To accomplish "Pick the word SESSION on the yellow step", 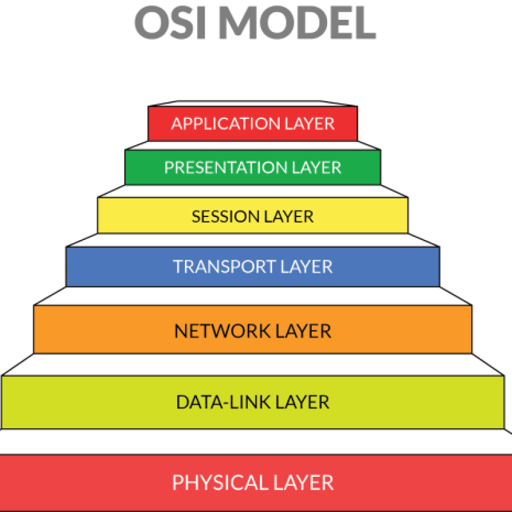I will [223, 216].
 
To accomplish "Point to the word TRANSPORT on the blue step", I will [223, 266].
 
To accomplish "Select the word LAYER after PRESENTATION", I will [317, 168].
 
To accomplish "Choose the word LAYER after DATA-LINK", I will [301, 402].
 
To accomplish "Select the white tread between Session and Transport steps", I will [253, 240].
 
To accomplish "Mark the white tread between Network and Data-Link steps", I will [253, 364].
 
